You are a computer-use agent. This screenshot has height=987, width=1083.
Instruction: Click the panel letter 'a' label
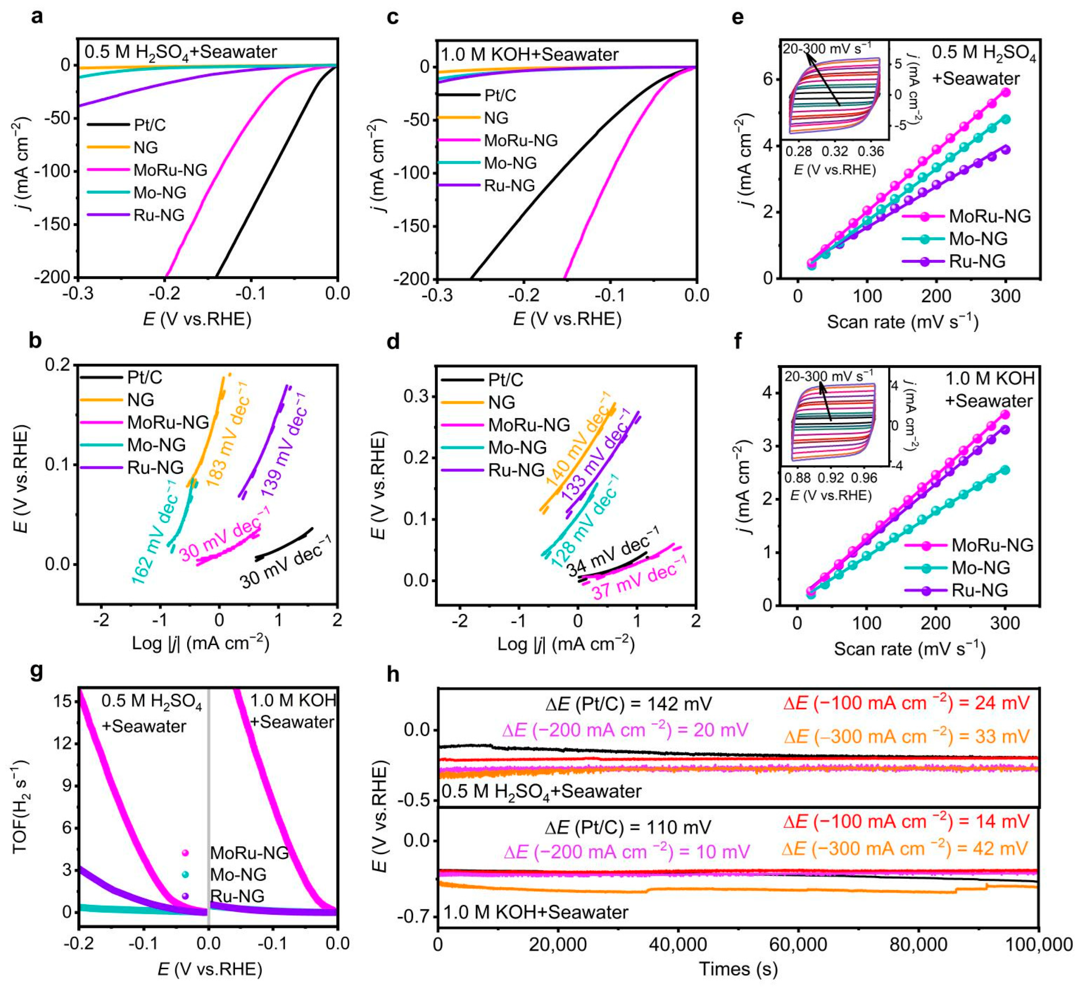point(36,17)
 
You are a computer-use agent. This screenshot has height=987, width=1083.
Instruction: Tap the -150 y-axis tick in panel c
point(412,226)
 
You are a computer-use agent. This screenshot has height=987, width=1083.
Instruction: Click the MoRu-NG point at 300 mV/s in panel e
point(1006,92)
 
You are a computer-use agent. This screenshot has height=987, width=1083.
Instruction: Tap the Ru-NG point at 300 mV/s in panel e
point(1006,150)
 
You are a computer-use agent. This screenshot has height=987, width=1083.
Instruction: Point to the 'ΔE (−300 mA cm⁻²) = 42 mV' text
point(905,849)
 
